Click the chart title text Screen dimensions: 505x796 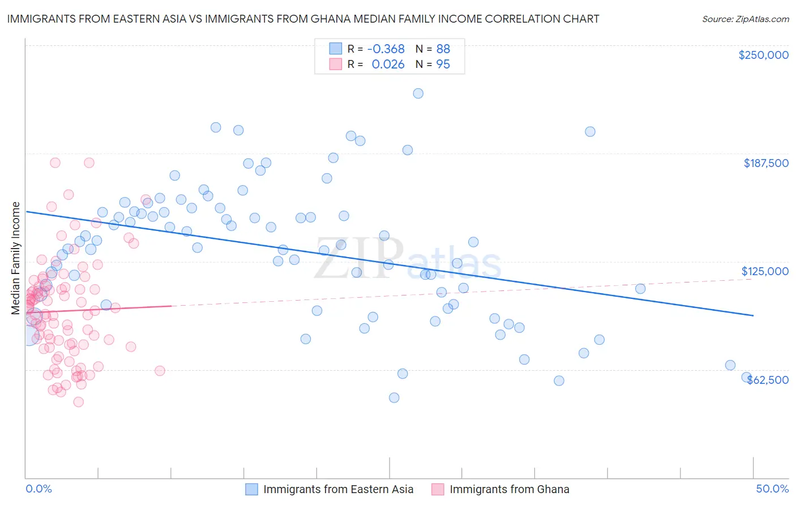click(303, 19)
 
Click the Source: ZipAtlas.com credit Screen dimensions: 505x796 click(745, 19)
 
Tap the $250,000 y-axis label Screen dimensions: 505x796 click(763, 55)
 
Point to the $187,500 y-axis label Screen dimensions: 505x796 click(765, 163)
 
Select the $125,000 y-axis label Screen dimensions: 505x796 click(765, 271)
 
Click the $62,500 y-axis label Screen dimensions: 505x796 click(768, 380)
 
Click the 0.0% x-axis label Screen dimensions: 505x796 click(38, 489)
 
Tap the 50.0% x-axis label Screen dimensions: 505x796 click(772, 489)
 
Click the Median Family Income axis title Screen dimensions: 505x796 click(16, 258)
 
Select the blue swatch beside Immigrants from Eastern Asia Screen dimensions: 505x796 click(251, 489)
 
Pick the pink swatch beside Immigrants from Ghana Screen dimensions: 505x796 click(438, 489)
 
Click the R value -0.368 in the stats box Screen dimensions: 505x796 click(386, 49)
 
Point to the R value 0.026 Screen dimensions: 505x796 click(388, 65)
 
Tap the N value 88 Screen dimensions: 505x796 click(443, 49)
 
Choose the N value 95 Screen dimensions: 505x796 click(443, 65)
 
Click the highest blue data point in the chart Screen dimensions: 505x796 click(418, 93)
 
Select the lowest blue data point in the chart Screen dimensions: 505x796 click(394, 397)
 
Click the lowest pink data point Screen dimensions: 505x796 click(79, 402)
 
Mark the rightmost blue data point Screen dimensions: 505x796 click(746, 377)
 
